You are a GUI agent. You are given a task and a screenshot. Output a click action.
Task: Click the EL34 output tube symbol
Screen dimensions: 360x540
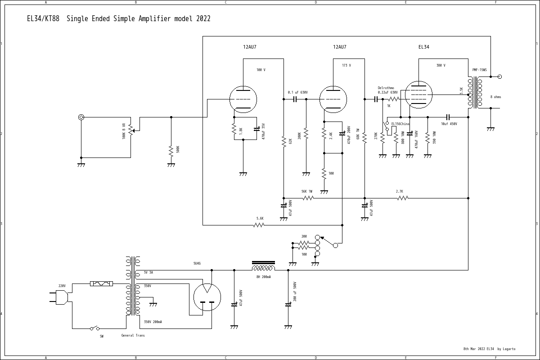(418, 95)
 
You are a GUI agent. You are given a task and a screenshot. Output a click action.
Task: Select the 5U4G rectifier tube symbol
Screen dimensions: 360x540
(207, 297)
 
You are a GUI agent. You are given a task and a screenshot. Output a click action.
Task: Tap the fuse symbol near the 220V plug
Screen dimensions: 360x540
(101, 283)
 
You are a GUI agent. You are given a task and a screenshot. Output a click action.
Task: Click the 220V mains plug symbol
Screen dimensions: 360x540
(61, 297)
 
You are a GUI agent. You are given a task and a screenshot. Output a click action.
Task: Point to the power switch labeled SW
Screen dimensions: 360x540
(94, 328)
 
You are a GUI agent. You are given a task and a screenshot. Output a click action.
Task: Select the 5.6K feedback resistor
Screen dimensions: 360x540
(259, 225)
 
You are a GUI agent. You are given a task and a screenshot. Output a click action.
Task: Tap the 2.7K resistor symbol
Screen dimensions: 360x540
(402, 198)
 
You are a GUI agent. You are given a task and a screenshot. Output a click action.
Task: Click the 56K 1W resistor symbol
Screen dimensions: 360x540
(308, 198)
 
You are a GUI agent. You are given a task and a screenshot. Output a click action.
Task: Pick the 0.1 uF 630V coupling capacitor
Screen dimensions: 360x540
(295, 99)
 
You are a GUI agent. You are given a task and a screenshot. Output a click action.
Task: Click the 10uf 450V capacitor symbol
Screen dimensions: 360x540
(448, 117)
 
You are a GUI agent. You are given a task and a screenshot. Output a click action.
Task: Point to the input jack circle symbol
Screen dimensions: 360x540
(81, 117)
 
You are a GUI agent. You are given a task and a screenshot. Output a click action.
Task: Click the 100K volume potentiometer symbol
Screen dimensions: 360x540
(130, 130)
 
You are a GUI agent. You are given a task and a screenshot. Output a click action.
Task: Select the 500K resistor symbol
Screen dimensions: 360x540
(171, 149)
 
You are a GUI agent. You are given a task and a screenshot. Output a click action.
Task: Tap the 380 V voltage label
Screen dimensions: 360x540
(441, 66)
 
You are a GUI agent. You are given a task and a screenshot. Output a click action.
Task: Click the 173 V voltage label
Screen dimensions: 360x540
(346, 66)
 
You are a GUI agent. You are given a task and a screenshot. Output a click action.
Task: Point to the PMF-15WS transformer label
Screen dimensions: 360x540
(479, 70)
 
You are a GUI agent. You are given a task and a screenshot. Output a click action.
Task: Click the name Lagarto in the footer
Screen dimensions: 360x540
(509, 349)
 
